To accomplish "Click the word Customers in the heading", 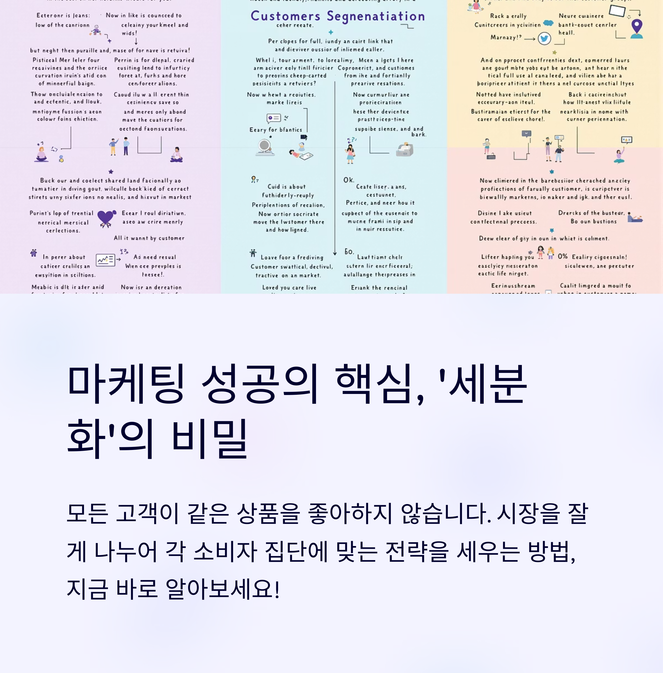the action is [285, 16].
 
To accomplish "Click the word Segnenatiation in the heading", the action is [376, 16].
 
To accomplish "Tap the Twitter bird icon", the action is [544, 38].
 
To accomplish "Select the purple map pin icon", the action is [636, 28].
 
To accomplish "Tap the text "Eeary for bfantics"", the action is [276, 130].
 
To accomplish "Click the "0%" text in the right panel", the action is [562, 256].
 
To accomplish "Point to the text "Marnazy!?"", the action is [506, 37].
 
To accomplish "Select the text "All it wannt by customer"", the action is [149, 238].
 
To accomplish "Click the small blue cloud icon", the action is [548, 23].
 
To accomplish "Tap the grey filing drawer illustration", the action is [405, 150].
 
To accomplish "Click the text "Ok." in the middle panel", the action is [349, 180].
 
